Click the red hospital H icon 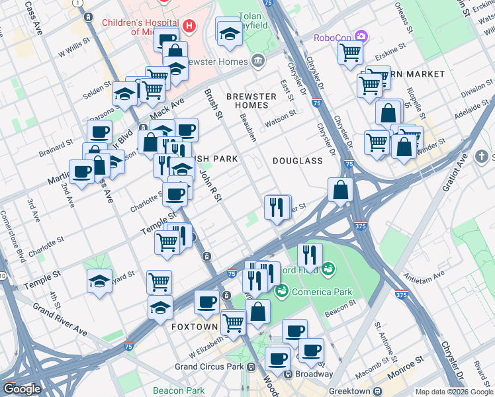coord(189,26)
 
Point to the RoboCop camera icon coord(361,36)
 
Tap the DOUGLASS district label coord(297,161)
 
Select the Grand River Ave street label coord(60,320)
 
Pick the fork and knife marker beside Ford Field coord(309,254)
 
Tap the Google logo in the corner coord(22,389)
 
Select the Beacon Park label coord(179,390)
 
